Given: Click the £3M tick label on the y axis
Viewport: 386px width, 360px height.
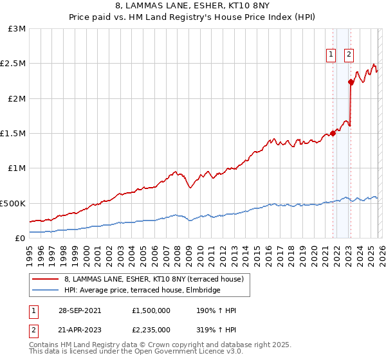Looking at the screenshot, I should [17, 29].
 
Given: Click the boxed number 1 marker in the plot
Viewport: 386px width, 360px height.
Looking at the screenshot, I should [331, 55].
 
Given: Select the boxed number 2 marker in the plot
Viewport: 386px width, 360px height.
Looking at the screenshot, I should [349, 55].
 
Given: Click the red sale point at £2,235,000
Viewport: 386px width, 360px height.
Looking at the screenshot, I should [351, 82].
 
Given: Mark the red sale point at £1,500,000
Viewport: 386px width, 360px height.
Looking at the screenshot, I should [333, 133].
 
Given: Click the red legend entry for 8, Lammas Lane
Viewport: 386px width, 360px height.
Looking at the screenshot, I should [154, 279].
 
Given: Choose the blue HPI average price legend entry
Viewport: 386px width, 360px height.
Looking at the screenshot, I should [142, 291].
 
